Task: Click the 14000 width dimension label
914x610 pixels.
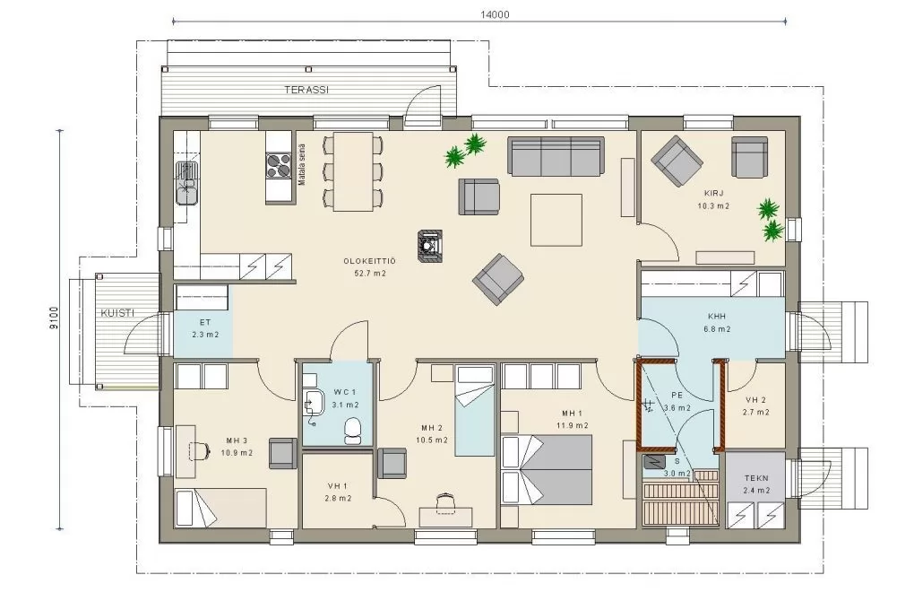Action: (x=495, y=14)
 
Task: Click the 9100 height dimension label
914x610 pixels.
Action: (x=54, y=318)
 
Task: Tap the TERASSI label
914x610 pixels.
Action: (x=306, y=90)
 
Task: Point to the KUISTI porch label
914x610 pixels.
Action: (x=117, y=313)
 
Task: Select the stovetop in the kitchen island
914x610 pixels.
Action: (x=278, y=165)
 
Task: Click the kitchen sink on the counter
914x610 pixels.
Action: (x=187, y=183)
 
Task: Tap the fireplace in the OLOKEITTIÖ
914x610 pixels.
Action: (x=430, y=245)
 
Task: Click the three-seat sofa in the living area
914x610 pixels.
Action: (x=556, y=156)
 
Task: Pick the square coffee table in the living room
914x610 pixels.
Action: (x=556, y=220)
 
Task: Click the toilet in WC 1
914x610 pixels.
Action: (x=353, y=431)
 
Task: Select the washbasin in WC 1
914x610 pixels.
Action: (x=315, y=402)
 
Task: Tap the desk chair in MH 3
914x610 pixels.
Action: (x=199, y=450)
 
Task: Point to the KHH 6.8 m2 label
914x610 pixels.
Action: (x=716, y=322)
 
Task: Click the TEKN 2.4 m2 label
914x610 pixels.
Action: (x=756, y=484)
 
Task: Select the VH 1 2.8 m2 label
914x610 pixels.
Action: (x=338, y=492)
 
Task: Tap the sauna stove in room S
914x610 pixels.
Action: (x=654, y=462)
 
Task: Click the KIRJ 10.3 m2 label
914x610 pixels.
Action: (x=713, y=199)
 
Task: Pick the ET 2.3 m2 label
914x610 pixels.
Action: (x=205, y=328)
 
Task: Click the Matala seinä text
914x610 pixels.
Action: (x=302, y=165)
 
